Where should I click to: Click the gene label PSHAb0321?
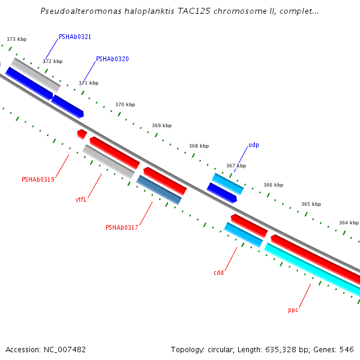[x=75, y=37]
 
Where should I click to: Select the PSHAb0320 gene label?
[x=112, y=59]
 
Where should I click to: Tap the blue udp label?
[x=254, y=145]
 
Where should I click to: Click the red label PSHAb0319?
[x=38, y=179]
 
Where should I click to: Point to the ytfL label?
[x=81, y=199]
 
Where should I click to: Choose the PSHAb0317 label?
[x=122, y=227]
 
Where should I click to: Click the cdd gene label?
[x=218, y=272]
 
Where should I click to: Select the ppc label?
[x=293, y=310]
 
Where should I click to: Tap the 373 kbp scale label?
[x=17, y=39]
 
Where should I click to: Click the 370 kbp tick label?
[x=125, y=104]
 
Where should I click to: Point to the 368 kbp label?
[x=199, y=146]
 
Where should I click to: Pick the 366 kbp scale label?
[x=273, y=185]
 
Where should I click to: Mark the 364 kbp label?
[x=349, y=223]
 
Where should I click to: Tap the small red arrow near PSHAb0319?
[x=82, y=133]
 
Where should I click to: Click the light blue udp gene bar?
[x=228, y=184]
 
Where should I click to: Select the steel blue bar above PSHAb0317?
[x=159, y=190]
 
